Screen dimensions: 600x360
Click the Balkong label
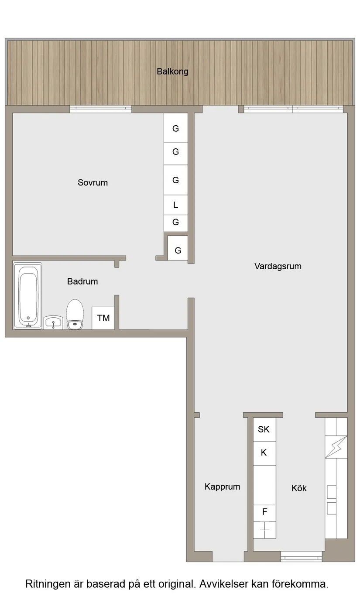(x=172, y=72)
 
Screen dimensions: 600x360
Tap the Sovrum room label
(x=93, y=183)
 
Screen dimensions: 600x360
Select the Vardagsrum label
(x=278, y=266)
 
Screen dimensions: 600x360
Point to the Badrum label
(x=82, y=281)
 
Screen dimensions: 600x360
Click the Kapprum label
(x=222, y=487)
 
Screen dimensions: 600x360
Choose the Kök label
(x=299, y=488)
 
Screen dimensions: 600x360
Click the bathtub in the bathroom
(x=28, y=295)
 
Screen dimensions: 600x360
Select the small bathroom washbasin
(x=54, y=322)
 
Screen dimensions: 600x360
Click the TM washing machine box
(x=103, y=318)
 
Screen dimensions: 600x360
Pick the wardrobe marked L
(x=176, y=205)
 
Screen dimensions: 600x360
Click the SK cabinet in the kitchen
(x=264, y=429)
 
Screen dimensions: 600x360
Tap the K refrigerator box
(x=264, y=453)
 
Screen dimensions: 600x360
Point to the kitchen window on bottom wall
(x=301, y=557)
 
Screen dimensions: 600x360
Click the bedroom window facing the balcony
(x=101, y=109)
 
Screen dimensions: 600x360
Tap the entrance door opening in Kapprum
(x=228, y=557)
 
